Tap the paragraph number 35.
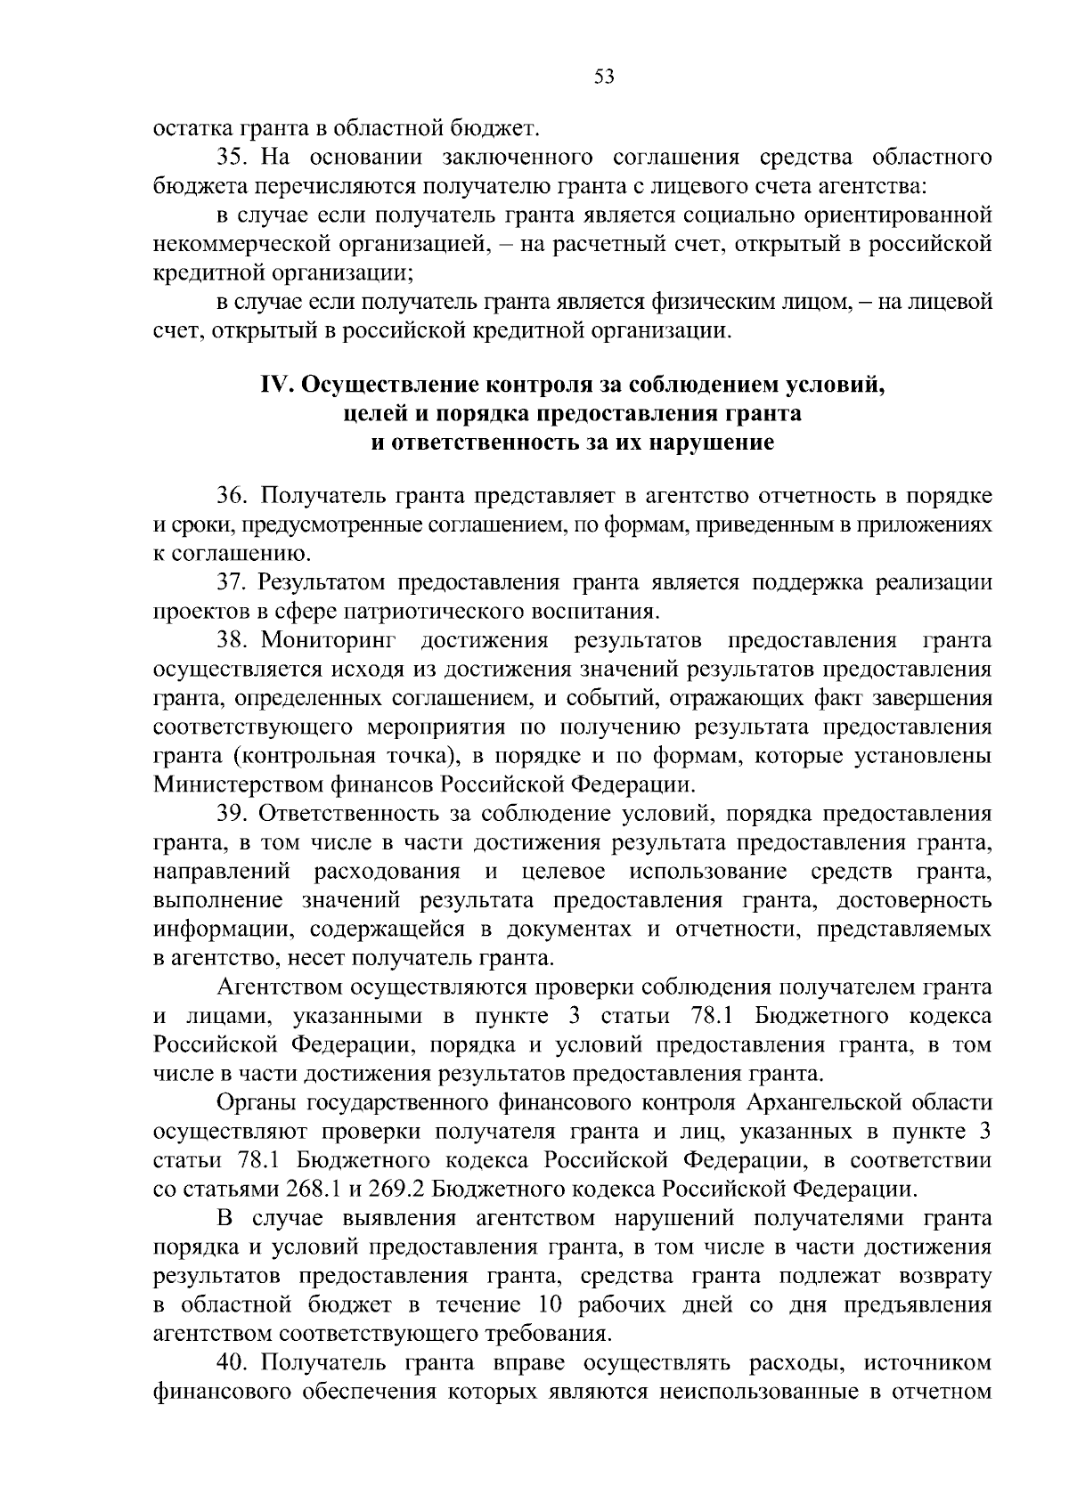233,158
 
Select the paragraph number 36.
233,495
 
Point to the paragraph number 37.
233,582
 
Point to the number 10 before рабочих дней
551,1305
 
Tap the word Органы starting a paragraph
257,1103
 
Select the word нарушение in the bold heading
712,443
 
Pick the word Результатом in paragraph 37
320,582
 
